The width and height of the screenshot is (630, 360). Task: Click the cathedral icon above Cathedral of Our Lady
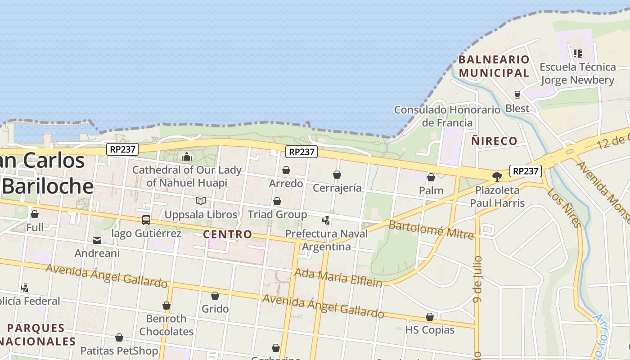click(x=186, y=157)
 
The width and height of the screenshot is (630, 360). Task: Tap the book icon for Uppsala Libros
click(x=201, y=201)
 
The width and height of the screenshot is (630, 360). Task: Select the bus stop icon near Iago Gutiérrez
click(x=146, y=220)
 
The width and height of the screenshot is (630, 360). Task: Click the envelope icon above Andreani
click(x=97, y=240)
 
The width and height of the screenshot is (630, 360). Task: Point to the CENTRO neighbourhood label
click(x=227, y=234)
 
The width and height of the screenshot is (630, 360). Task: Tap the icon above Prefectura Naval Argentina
click(x=326, y=220)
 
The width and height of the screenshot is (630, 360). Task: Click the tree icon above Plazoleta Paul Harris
click(x=497, y=176)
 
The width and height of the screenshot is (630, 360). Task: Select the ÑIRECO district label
click(x=494, y=141)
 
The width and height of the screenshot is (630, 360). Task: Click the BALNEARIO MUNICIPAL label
click(x=494, y=66)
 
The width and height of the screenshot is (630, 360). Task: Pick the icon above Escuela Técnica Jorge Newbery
click(x=578, y=54)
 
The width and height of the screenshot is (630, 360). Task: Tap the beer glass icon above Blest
click(x=517, y=95)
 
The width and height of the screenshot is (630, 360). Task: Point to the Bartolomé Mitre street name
click(x=431, y=229)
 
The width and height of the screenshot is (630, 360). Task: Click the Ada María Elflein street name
click(x=338, y=277)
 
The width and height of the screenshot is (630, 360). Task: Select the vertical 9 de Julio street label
click(x=478, y=279)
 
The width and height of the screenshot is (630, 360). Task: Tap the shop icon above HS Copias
click(x=430, y=317)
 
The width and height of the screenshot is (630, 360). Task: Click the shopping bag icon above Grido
click(x=215, y=296)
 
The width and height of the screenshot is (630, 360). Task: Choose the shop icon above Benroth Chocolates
click(x=166, y=306)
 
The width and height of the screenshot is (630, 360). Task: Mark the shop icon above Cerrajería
click(x=337, y=175)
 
